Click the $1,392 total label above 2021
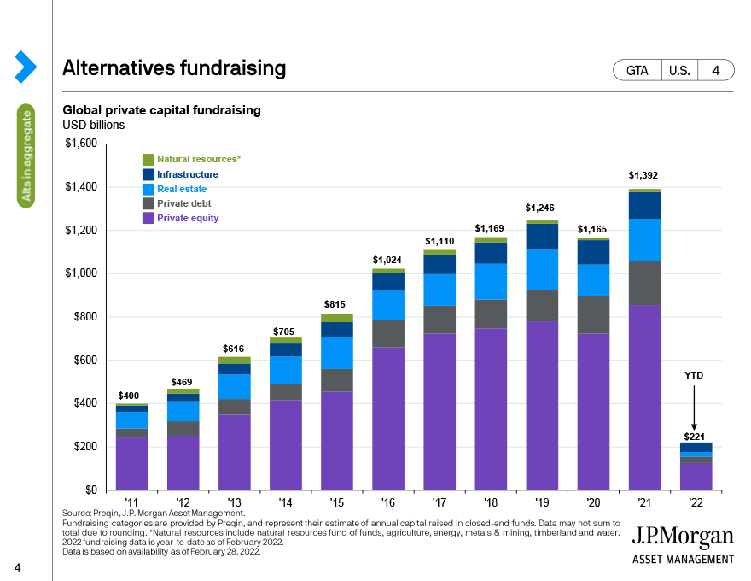click(643, 175)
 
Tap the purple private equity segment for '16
click(388, 419)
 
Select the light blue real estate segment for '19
click(542, 270)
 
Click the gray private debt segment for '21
click(644, 284)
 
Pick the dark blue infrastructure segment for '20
click(593, 252)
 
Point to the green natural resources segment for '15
click(337, 318)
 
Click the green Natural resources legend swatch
click(148, 159)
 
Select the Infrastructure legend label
click(187, 174)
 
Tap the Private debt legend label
click(184, 203)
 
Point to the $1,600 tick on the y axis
click(81, 144)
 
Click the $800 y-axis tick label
click(85, 316)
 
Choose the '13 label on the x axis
click(234, 502)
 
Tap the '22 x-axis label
click(696, 502)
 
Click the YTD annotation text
click(694, 375)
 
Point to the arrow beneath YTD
click(694, 408)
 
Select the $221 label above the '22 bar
click(694, 437)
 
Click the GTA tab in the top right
click(637, 70)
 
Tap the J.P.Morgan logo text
click(683, 537)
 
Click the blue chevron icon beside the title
click(26, 67)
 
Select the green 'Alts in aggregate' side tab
click(26, 156)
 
